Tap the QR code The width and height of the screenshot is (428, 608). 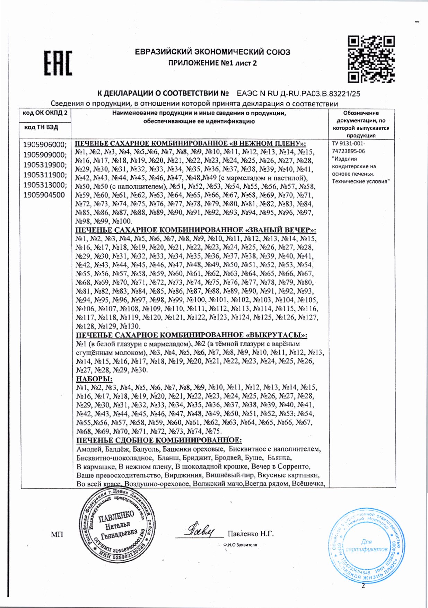(x=371, y=59)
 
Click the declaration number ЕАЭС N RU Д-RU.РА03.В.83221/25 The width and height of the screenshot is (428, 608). (x=298, y=93)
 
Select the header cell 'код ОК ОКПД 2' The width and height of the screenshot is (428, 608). (x=45, y=113)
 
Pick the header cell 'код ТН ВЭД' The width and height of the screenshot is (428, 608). (x=41, y=127)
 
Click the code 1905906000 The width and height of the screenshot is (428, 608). (x=45, y=145)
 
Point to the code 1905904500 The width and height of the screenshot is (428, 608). (x=44, y=195)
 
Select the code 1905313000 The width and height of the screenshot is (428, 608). (x=45, y=185)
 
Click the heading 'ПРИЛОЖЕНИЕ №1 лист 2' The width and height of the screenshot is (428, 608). (x=212, y=63)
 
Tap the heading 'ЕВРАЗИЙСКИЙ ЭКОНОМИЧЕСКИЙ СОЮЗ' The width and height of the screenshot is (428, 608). (x=212, y=52)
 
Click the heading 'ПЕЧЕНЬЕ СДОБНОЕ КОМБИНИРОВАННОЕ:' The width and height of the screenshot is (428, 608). (x=159, y=440)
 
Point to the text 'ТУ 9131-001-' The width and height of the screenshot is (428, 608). (x=348, y=144)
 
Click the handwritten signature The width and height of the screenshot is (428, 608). (x=201, y=530)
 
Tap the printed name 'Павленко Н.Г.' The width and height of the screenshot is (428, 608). (x=251, y=534)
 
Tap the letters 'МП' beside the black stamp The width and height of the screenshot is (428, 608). (x=57, y=535)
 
